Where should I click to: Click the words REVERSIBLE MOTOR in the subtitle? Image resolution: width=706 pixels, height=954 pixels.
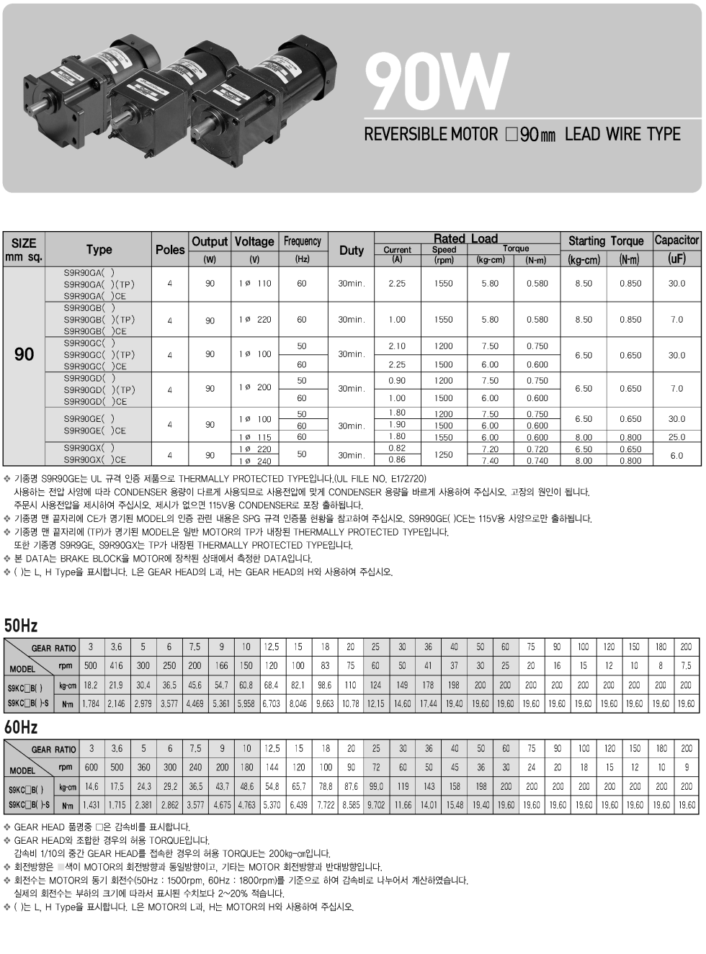point(430,135)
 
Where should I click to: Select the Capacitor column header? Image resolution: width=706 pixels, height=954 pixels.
point(676,240)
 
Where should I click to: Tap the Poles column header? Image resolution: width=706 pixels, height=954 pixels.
point(170,249)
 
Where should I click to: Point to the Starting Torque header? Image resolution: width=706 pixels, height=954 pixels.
point(606,240)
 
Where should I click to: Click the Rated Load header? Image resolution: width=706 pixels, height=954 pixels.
point(465,238)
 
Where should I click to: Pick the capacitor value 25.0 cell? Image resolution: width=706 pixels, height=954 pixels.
point(676,437)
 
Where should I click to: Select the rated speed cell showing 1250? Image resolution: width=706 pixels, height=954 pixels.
point(443,454)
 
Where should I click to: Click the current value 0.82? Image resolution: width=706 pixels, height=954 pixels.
point(397,449)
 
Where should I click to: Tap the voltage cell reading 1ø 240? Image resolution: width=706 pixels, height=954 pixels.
point(255,461)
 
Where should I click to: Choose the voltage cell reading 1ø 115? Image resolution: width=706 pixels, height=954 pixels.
point(255,437)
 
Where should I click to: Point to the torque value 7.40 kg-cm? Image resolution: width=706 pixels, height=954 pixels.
point(490,461)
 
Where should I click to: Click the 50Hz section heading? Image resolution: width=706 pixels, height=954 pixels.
point(21,625)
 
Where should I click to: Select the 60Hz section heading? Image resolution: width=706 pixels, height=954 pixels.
point(21,727)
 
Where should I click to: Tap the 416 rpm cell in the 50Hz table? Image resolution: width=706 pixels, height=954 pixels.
point(116,666)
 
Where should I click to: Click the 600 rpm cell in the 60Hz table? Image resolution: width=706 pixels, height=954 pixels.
point(91,768)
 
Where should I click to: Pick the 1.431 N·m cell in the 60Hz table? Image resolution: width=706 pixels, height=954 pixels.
point(91,805)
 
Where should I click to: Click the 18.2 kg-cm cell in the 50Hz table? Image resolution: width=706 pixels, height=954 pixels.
point(91,685)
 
